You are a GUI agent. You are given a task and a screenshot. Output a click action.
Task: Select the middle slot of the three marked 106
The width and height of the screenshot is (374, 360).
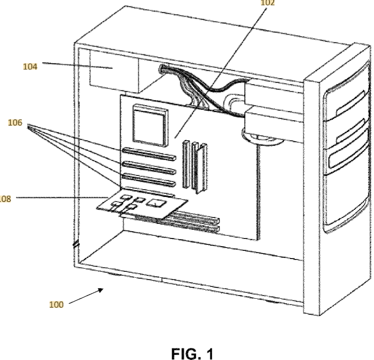[148, 168]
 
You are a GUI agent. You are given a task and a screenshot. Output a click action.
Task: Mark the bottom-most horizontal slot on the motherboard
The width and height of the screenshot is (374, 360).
[187, 227]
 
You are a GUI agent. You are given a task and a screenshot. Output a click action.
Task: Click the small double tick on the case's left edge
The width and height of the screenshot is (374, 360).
[76, 245]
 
